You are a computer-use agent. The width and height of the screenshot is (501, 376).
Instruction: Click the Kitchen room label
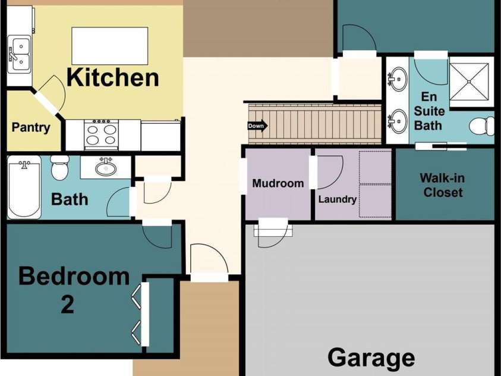pos(112,78)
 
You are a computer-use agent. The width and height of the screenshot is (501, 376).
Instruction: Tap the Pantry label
pos(31,127)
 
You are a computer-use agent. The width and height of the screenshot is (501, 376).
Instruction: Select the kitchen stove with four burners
pos(101,134)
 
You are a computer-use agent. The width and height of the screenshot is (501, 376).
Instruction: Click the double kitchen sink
pos(20,54)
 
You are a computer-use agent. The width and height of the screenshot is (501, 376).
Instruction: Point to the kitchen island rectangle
pos(110,46)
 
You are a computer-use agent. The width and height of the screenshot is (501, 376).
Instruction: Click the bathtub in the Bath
pos(24,187)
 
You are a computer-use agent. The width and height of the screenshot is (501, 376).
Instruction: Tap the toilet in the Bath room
pos(60,168)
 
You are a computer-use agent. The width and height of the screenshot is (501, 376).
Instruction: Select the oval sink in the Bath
pos(106,167)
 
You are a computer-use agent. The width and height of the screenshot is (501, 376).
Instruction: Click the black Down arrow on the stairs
pos(257,126)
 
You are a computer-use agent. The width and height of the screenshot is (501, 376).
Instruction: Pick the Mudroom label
pos(278,183)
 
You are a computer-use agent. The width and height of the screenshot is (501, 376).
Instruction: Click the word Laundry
pos(338,199)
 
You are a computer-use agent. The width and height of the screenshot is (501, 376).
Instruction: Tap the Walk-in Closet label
pos(443,185)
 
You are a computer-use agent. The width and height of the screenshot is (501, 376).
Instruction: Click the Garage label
pos(371,358)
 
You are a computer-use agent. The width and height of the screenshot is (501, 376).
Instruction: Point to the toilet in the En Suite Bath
pos(482,127)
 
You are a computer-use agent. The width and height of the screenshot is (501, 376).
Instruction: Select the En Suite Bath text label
pos(428,111)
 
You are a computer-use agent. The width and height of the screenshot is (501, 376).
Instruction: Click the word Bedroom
pos(74,276)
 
